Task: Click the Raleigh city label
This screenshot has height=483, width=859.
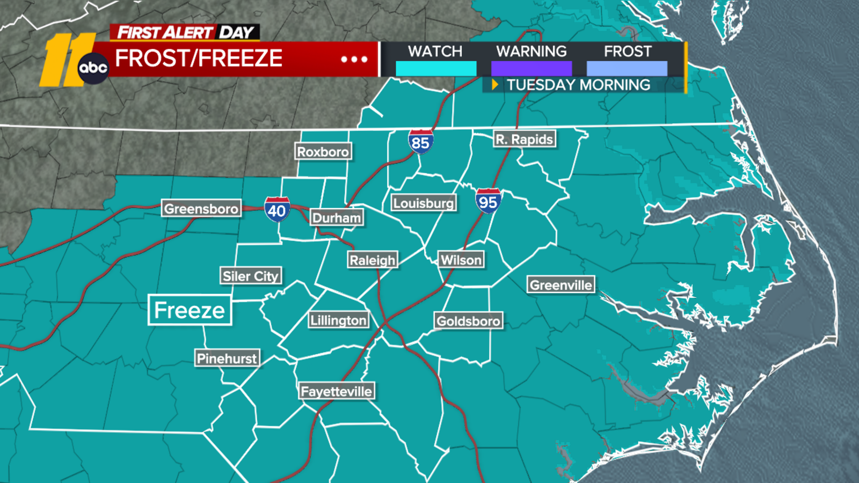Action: pyautogui.click(x=373, y=260)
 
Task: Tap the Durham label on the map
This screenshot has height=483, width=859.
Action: pyautogui.click(x=337, y=217)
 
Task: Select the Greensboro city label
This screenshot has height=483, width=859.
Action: pyautogui.click(x=201, y=208)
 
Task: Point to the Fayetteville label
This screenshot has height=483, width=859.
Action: pyautogui.click(x=337, y=391)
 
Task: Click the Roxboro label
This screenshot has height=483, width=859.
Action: pyautogui.click(x=323, y=152)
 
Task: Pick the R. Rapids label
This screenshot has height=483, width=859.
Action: pyautogui.click(x=525, y=140)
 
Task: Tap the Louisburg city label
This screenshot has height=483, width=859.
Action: pyautogui.click(x=424, y=203)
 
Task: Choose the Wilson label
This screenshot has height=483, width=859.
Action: pyautogui.click(x=461, y=260)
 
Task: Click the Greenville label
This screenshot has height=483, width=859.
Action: pyautogui.click(x=561, y=285)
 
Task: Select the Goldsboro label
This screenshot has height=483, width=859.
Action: pyautogui.click(x=469, y=321)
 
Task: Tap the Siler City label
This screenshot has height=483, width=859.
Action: pyautogui.click(x=251, y=276)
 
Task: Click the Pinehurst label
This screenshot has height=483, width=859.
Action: pyautogui.click(x=227, y=358)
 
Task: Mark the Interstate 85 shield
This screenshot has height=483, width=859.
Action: pyautogui.click(x=420, y=142)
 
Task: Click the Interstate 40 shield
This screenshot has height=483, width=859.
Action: pyautogui.click(x=277, y=209)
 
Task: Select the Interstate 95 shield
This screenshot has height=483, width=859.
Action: pyautogui.click(x=488, y=201)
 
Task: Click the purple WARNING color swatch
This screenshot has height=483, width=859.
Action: pyautogui.click(x=532, y=69)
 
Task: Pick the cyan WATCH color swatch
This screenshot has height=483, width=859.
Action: pyautogui.click(x=435, y=69)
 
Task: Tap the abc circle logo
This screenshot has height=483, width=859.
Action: pyautogui.click(x=93, y=68)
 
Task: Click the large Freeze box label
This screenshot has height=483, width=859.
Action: pyautogui.click(x=190, y=310)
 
